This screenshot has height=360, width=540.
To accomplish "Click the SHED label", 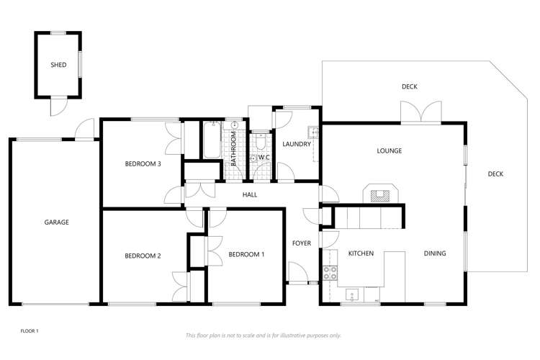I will [x=58, y=65].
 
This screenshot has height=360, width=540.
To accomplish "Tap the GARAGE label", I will [x=56, y=222].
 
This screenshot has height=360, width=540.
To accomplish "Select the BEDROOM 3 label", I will [x=143, y=164].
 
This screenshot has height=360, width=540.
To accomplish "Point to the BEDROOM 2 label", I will [x=143, y=256].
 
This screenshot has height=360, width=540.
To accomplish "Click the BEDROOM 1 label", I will [x=247, y=254].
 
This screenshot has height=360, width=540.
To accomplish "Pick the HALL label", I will [x=250, y=195].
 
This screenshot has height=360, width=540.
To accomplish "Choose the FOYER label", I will [x=302, y=243].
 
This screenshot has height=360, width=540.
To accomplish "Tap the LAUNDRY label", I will [x=297, y=144].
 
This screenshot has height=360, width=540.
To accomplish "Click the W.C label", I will [x=264, y=158].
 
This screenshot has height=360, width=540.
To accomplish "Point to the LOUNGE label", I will [x=389, y=150].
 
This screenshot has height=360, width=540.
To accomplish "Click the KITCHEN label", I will [x=361, y=253].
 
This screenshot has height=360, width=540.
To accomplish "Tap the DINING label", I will [x=434, y=253].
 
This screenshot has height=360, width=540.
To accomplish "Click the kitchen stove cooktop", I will [x=330, y=273].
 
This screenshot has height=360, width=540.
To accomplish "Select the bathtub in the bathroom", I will [x=212, y=141].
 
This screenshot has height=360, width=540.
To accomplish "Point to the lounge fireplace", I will [x=379, y=192].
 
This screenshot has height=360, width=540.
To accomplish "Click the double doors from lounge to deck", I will [x=420, y=113].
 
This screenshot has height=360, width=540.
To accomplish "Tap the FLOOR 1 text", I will [x=30, y=330].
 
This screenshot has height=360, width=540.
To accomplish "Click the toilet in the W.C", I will [x=261, y=138].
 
